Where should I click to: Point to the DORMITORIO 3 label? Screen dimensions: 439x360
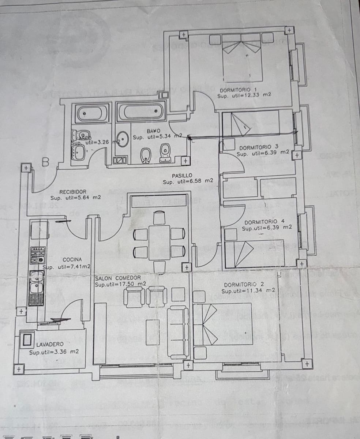[x=259, y=147]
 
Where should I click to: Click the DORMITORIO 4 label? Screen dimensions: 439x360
[x=264, y=222]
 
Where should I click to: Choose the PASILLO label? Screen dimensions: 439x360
[x=182, y=176]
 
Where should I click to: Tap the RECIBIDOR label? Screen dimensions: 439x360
[x=73, y=192]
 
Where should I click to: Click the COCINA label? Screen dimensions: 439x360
[x=72, y=259]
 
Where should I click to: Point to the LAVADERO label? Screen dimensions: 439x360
[x=50, y=344]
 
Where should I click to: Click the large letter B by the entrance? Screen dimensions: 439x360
[x=45, y=162]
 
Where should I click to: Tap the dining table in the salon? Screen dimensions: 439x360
[x=160, y=242]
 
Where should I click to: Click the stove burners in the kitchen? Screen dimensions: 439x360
[x=38, y=256]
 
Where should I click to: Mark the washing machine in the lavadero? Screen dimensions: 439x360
[x=27, y=339]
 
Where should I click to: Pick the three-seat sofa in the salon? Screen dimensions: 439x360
[x=178, y=332]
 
